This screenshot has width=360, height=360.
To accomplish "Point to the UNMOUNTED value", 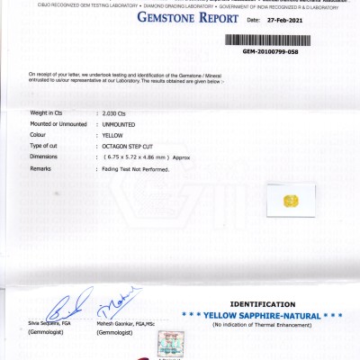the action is (x=121, y=124).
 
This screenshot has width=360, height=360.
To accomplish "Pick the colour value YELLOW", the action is (x=113, y=135).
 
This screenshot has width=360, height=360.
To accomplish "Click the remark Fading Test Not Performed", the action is (x=136, y=168).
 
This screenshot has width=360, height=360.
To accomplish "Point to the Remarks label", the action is (x=40, y=168).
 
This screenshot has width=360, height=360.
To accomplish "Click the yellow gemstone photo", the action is (x=290, y=199).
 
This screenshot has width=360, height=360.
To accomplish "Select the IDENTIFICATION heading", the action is (x=262, y=304).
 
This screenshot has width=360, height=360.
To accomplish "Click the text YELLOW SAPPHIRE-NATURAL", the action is (x=262, y=316).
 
